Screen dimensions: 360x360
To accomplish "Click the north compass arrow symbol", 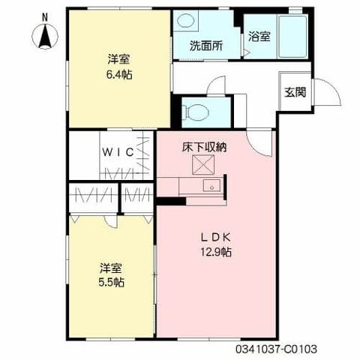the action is tap(45, 37).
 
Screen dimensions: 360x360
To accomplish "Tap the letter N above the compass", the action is tap(45, 17).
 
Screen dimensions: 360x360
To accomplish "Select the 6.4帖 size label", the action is tap(119, 74).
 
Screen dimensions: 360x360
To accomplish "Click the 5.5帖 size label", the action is tap(111, 282).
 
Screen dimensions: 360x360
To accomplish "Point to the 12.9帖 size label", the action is tap(216, 252).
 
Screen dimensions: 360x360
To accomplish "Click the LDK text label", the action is tap(215, 238).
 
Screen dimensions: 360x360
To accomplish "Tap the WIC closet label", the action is tap(118, 152).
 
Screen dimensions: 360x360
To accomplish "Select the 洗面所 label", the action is tap(206, 46).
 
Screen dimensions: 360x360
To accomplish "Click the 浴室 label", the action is tap(259, 37).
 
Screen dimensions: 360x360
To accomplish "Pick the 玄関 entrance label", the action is tap(295, 92).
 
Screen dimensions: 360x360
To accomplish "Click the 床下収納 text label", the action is tap(204, 147).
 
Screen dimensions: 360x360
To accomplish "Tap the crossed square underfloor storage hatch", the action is tap(203, 164).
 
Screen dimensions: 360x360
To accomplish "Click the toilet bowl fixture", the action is tap(196, 112).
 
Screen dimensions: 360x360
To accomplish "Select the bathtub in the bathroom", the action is tap(292, 37).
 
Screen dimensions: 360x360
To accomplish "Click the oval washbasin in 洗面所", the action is tap(186, 20).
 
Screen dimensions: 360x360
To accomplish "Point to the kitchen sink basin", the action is tap(211, 185).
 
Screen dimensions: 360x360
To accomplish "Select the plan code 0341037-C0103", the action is tap(276, 349).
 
